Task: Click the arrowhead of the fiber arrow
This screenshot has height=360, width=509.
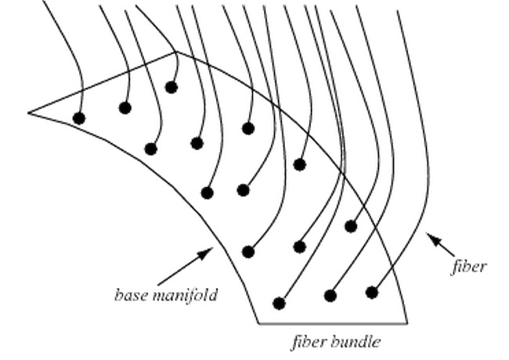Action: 428,234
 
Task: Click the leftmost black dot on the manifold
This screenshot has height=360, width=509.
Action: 78,118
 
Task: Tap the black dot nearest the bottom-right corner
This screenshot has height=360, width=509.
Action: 372,292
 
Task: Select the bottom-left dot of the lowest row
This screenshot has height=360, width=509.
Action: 279,303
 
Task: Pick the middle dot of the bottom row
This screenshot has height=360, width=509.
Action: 330,296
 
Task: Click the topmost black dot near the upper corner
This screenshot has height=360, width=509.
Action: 171,87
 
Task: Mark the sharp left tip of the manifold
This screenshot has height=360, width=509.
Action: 29,113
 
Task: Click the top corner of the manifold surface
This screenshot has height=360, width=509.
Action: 178,52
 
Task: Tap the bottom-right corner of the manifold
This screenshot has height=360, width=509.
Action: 407,322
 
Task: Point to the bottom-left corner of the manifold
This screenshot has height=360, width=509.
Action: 260,322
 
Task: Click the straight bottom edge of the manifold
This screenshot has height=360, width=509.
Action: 333,322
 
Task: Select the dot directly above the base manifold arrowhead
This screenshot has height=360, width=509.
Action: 208,192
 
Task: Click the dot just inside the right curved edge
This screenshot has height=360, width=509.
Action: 350,226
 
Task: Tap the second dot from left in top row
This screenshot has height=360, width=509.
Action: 125,107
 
